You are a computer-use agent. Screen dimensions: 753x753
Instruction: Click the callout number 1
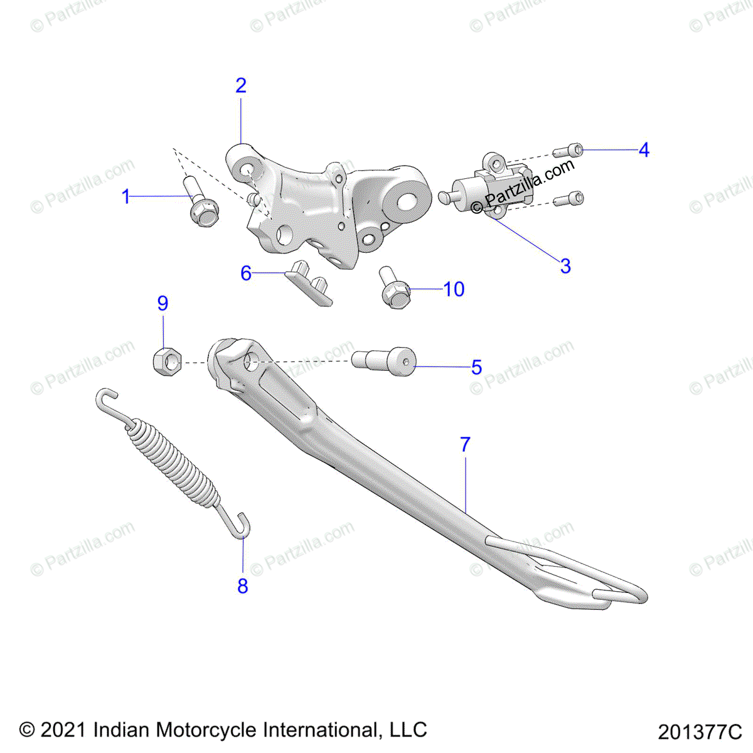coord(126,197)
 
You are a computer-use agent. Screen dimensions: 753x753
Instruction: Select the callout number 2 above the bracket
coord(241,86)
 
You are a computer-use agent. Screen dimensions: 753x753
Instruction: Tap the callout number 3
coord(565,266)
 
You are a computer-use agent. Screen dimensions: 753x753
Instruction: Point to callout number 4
coord(644,151)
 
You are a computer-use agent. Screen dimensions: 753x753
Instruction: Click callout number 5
coord(477,367)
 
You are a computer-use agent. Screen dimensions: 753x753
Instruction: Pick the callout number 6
coord(246,274)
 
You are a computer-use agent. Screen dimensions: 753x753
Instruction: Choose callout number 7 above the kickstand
coord(465,445)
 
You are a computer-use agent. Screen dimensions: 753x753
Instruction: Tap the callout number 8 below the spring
coord(243,586)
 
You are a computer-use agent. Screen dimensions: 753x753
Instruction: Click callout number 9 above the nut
coord(163,304)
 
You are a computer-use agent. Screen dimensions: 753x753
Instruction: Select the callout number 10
coord(454,289)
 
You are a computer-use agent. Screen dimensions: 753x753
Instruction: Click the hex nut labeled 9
coord(166,361)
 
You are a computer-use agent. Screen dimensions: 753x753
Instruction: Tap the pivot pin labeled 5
coord(386,362)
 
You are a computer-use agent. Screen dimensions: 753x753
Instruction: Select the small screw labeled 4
coord(569,151)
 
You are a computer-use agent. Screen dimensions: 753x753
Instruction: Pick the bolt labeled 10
coord(393,289)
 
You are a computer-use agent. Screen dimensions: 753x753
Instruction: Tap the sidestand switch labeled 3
coord(493,185)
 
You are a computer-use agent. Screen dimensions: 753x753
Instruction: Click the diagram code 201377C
coord(700,732)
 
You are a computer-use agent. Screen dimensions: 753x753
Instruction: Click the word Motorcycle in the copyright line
coord(206,730)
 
